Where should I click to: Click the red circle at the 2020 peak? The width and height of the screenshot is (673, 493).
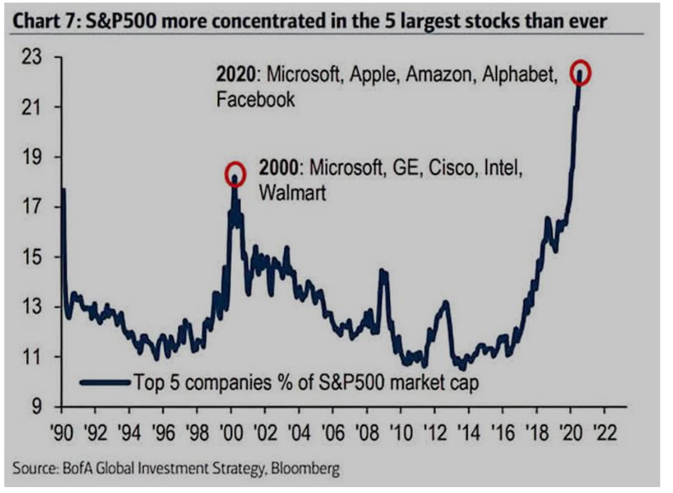580,75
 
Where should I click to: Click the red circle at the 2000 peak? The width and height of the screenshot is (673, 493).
236,171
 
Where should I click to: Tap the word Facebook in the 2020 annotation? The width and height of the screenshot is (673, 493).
255,100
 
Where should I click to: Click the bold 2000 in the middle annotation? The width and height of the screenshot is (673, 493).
279,168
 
